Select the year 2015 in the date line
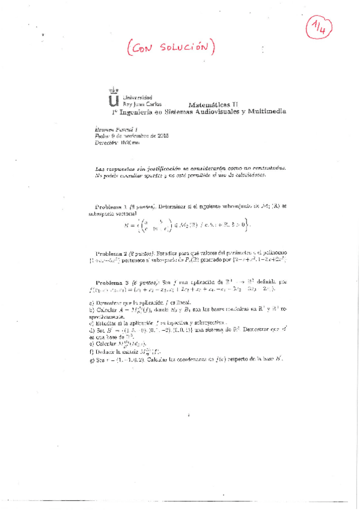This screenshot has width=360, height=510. [163, 137]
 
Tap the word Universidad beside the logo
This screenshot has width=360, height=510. [138, 97]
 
